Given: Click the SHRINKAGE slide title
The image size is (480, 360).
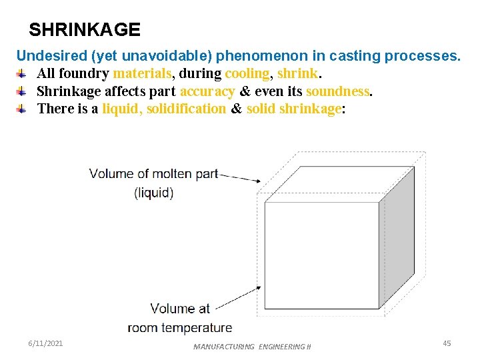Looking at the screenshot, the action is pos(85,30).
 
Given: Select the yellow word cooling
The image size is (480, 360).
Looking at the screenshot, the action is pos(247,73).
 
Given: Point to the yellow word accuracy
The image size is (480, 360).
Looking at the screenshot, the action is pos(207,91).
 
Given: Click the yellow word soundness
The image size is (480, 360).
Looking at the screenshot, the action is pos(337,91).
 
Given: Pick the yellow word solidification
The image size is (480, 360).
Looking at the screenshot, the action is pos(186,109).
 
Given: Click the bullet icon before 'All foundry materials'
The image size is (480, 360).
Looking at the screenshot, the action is pos(22,73).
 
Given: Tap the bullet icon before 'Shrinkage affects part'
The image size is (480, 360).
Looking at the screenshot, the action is pos(22,91).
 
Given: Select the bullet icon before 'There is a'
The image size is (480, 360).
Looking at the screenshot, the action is pos(22,109).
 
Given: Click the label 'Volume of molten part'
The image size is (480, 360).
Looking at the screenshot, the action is pos(154,174).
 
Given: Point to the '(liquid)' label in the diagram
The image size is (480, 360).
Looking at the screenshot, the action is pos(154,193).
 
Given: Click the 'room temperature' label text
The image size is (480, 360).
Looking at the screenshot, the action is pos(180,327).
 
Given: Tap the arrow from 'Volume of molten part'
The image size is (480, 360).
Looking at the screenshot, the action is pos(240,177).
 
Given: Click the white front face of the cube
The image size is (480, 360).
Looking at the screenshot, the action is pos(322,255).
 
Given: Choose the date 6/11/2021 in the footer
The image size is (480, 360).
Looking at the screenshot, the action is pos(46,343).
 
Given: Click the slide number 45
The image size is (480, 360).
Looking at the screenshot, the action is pos(447,343).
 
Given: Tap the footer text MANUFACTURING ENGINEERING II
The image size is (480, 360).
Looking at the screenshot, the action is pos(252,347).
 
